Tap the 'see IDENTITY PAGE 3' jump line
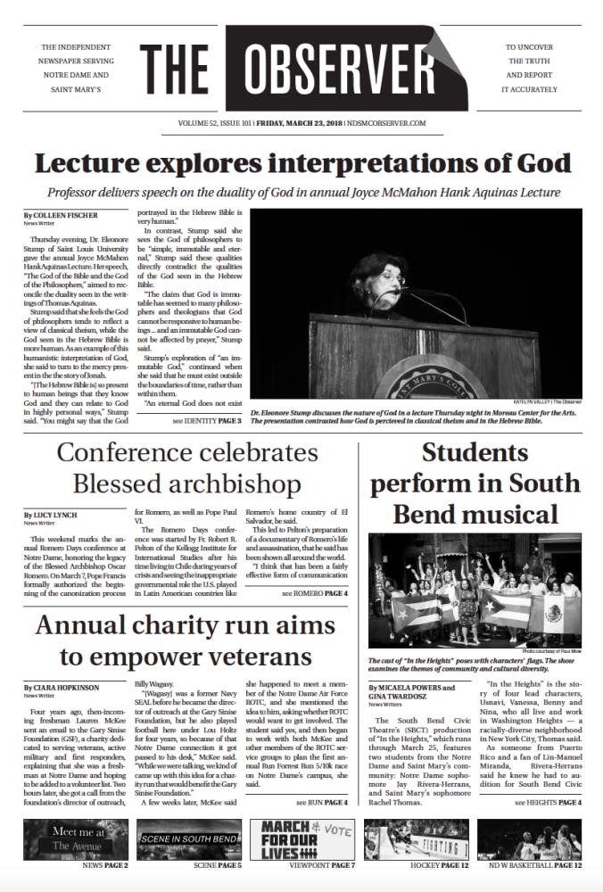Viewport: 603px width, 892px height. pyautogui.click(x=207, y=419)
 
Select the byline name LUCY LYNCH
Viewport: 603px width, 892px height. pyautogui.click(x=61, y=516)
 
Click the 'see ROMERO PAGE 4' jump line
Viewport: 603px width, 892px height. pyautogui.click(x=315, y=593)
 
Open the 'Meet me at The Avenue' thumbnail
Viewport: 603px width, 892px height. pyautogui.click(x=77, y=839)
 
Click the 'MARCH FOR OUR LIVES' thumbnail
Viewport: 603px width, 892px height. pyautogui.click(x=303, y=839)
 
